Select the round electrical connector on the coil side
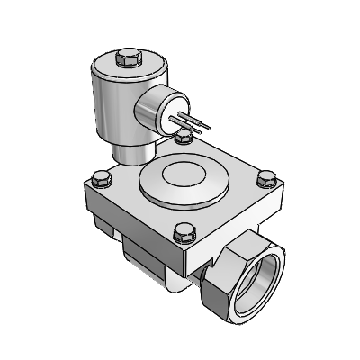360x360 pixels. (156, 112)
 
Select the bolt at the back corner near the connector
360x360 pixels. (184, 136)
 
